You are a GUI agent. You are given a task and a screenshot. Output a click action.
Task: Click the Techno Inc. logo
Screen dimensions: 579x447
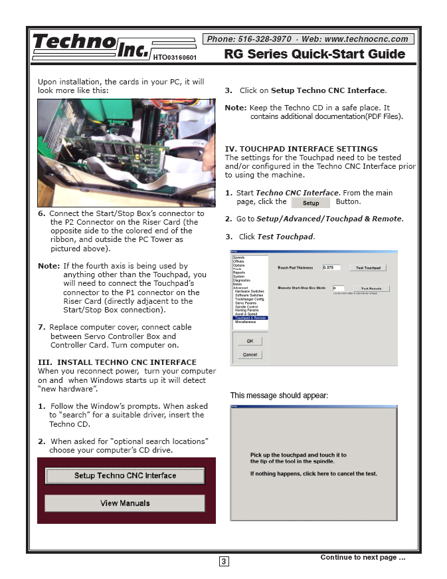(x=90, y=47)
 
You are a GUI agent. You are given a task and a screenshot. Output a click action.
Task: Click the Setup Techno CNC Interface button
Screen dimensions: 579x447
(x=125, y=476)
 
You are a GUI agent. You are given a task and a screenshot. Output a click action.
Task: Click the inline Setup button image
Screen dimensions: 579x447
(x=311, y=203)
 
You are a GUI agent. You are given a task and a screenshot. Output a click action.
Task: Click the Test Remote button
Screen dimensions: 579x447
(x=370, y=289)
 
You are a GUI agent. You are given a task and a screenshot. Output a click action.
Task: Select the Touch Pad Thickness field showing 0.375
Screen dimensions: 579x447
(x=331, y=268)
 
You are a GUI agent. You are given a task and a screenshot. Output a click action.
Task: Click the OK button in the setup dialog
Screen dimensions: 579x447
(x=250, y=341)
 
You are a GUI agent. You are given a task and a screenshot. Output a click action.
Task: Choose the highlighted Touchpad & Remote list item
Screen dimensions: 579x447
(x=250, y=318)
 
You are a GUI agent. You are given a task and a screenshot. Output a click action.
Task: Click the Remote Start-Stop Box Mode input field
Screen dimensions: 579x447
(x=338, y=289)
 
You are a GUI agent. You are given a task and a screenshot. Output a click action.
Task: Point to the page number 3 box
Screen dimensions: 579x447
(x=224, y=562)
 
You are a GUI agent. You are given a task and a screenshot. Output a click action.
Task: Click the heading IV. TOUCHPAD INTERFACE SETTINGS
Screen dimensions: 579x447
(x=301, y=149)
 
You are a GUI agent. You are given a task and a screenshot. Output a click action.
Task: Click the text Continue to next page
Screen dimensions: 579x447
(x=362, y=557)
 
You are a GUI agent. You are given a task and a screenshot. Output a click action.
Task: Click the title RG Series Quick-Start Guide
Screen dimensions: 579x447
(x=314, y=55)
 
